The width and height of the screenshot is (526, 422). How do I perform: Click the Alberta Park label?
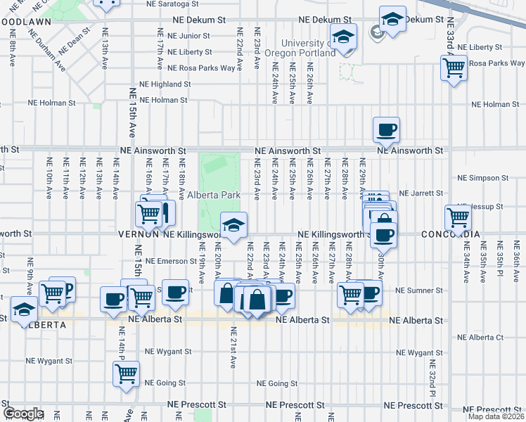(214, 195)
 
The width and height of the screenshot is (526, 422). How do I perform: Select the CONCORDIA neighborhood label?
(451, 234)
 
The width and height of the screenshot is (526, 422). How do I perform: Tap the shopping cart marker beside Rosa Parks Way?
(454, 68)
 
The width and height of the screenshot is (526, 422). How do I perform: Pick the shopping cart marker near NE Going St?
(127, 374)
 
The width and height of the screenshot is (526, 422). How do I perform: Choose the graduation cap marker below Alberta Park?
(234, 225)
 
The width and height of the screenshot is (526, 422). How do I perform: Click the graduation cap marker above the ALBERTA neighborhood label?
(25, 309)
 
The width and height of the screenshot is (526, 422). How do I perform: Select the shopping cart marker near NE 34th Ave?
(458, 218)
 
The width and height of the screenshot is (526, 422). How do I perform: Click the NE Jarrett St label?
(420, 193)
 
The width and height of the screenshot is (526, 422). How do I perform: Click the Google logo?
(23, 414)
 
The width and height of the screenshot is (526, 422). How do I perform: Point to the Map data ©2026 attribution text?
(496, 416)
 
